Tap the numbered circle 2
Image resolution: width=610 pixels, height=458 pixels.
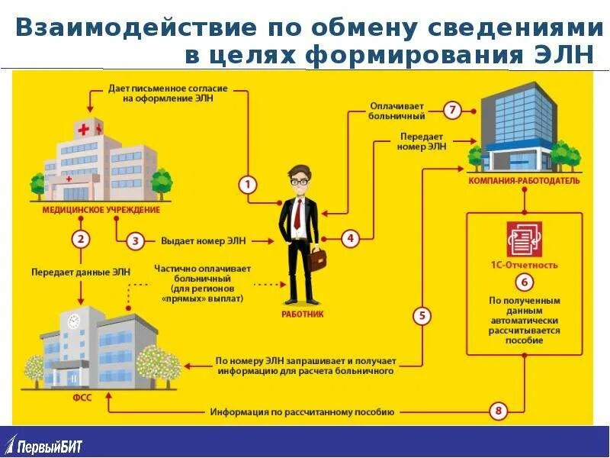point(82,239)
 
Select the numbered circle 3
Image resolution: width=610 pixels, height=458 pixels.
point(135,241)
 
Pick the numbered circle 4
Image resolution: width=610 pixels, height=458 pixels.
point(350,238)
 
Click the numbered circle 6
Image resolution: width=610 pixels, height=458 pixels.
point(524,282)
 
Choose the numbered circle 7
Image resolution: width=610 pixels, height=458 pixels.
point(451,111)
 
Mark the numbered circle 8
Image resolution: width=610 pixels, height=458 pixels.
point(499,412)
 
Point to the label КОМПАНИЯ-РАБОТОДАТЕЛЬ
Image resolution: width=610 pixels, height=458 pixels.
point(524,181)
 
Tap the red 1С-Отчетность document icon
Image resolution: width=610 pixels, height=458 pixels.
point(524,239)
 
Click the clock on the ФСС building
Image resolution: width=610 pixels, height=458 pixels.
point(74,321)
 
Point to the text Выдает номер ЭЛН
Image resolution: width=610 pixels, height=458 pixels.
point(204,241)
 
